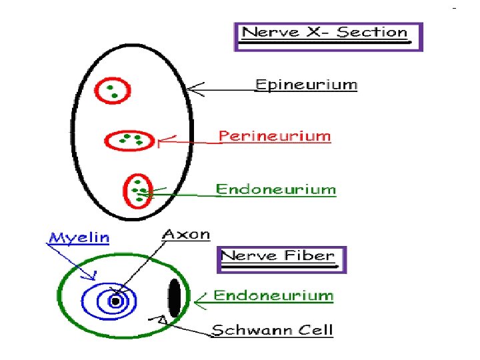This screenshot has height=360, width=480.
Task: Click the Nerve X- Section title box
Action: coord(328,37)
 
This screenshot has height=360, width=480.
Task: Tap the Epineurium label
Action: coord(307,85)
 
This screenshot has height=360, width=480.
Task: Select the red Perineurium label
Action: coord(275,137)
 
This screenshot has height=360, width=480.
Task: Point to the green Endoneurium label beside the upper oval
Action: coord(275,189)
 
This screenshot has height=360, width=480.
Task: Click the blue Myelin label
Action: coord(79,238)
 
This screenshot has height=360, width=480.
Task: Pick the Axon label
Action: coord(186,235)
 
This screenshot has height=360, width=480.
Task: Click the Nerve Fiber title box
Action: coord(283,259)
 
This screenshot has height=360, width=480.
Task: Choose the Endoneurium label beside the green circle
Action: coord(272,295)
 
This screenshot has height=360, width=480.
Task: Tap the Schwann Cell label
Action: coord(272,329)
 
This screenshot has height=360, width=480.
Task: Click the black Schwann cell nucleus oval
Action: coord(174,298)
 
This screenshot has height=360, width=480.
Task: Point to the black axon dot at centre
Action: coord(115,301)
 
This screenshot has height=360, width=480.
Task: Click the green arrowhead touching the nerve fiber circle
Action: coord(195,300)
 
